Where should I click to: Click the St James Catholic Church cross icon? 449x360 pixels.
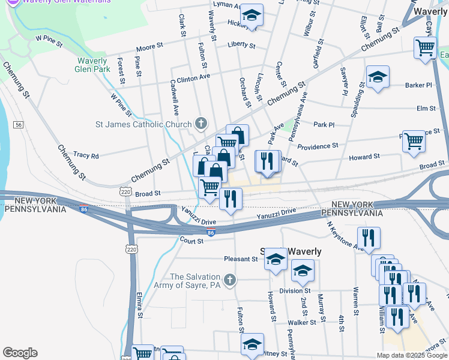click(201, 124)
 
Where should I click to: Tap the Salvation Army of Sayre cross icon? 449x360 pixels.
click(229, 280)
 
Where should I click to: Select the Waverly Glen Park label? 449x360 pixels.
click(93, 65)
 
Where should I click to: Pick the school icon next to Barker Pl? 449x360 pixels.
click(378, 77)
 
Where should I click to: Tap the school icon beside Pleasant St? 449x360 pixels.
click(276, 259)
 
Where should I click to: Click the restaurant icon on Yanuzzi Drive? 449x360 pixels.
click(231, 198)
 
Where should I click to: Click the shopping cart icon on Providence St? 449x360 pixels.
click(414, 142)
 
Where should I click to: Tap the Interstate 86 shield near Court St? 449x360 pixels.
click(211, 232)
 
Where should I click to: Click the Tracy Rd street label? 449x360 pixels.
click(86, 155)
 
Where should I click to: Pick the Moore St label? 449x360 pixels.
click(149, 46)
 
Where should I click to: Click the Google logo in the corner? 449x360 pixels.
click(20, 353)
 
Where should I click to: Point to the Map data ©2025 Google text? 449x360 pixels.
click(411, 355)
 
